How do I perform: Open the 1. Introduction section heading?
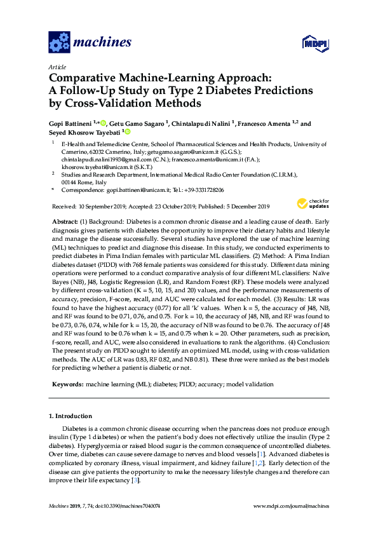pyautogui.click(x=71, y=416)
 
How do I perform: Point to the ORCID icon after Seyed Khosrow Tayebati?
pyautogui.click(x=127, y=132)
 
